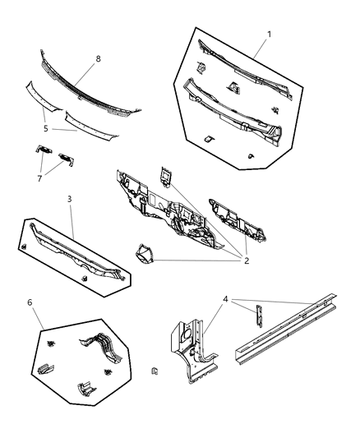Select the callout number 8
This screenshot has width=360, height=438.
point(98,59)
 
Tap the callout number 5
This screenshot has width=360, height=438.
point(45,127)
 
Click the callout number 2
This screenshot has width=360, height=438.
point(245,261)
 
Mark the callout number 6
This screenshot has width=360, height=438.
point(30,302)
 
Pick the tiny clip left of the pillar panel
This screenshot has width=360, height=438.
point(155,371)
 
